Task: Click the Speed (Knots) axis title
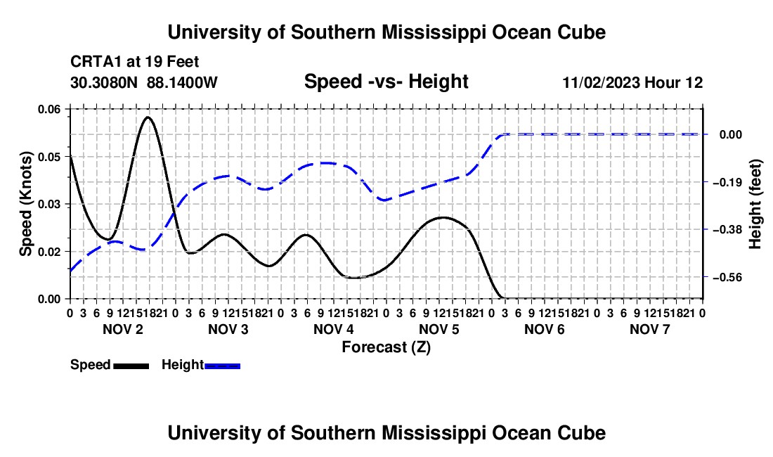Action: point(25,204)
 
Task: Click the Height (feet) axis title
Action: point(755,204)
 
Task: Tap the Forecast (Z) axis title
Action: point(386,347)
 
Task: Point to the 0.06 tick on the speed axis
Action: point(53,109)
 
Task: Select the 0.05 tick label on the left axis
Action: point(53,157)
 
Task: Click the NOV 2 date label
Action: point(123,329)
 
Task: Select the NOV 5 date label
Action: point(439,329)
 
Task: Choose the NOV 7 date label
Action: point(650,329)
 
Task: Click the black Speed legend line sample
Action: point(131,366)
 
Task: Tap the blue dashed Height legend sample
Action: point(222,366)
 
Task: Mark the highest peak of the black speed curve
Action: point(148,117)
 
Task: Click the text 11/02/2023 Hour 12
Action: point(632,82)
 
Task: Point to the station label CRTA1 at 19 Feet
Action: point(135,62)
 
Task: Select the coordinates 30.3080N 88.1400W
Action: point(144,82)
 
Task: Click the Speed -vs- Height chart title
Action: point(386,82)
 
